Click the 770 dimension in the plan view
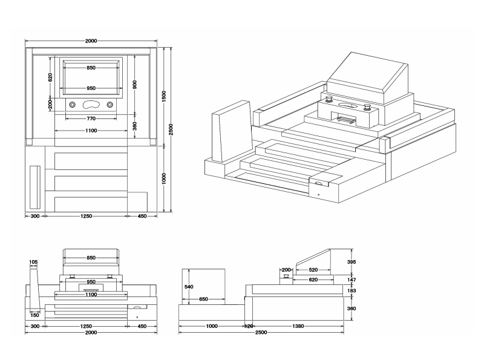point(91,118)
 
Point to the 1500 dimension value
point(163,97)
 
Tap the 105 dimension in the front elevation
point(33,262)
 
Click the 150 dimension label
point(35,315)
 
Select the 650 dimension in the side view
point(203,299)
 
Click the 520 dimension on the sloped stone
point(313,270)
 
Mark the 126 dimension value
point(248,326)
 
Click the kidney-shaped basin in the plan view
point(91,104)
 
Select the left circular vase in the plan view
point(73,104)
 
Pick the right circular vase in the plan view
point(110,104)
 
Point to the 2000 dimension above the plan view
point(91,41)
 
